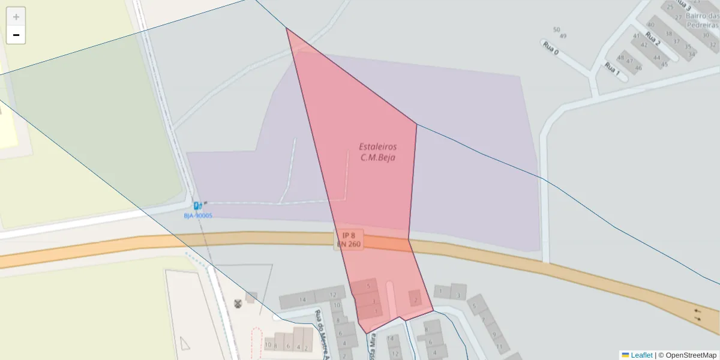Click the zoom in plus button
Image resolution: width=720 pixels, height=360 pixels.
(16, 17)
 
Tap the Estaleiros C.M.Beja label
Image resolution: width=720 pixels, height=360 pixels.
(378, 152)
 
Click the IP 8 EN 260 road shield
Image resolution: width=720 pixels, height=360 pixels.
(349, 239)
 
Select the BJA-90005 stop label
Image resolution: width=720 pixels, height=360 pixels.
(197, 215)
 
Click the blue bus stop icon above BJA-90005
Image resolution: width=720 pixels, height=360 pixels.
(197, 206)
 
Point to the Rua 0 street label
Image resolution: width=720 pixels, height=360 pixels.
(551, 47)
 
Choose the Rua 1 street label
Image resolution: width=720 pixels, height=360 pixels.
(612, 69)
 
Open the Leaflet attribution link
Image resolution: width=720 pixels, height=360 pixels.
(641, 355)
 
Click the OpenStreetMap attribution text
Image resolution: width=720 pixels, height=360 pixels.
(687, 355)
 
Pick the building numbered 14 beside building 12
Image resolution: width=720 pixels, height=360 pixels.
(304, 299)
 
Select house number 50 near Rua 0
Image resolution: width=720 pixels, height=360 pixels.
(556, 29)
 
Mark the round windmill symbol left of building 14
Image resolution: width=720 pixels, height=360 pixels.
(237, 303)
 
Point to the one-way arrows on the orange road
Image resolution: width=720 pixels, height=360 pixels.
(697, 314)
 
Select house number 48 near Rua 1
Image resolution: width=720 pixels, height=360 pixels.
(620, 58)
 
